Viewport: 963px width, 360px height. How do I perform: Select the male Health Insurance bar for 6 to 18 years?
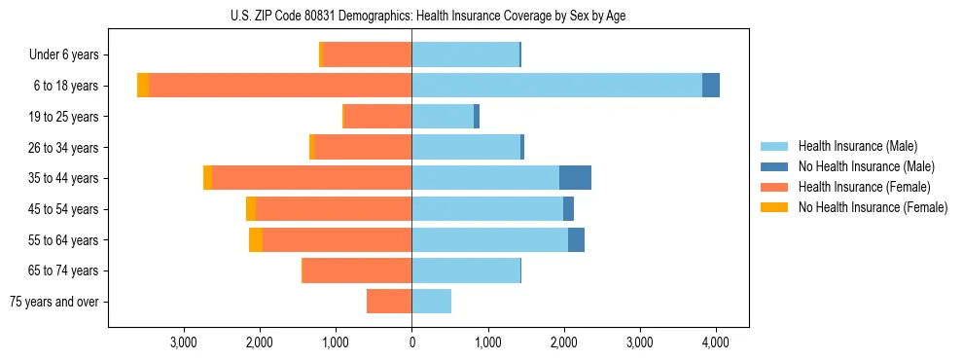tap(556, 86)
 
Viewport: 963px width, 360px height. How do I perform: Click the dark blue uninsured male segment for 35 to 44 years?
tap(575, 178)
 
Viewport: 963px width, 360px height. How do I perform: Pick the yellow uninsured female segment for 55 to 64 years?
tap(256, 239)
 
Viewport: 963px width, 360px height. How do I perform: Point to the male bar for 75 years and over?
tap(432, 302)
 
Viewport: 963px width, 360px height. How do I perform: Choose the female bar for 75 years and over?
tap(389, 302)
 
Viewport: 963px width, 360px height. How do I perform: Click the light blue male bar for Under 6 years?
tap(465, 54)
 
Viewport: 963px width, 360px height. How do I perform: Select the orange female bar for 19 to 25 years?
tap(378, 117)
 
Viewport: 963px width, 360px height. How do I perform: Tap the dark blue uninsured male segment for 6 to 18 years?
tap(711, 86)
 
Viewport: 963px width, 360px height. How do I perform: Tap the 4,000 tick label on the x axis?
tap(716, 342)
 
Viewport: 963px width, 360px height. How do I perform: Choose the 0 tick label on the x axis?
tap(411, 342)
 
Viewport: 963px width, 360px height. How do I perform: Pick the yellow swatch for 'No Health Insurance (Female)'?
tap(774, 207)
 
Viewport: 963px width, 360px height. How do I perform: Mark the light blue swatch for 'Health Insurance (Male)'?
tap(774, 146)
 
